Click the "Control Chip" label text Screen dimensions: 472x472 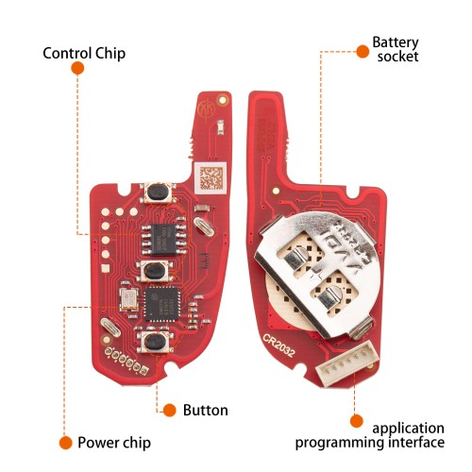[x=84, y=53]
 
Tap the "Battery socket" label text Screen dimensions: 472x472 [x=396, y=49]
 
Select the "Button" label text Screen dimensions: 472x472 [x=206, y=411]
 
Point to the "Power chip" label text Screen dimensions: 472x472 [x=114, y=443]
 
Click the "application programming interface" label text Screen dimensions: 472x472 [x=370, y=435]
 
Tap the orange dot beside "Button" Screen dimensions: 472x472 [x=170, y=411]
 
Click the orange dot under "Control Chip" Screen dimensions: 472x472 [x=77, y=68]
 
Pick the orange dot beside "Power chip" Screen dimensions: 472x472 [x=65, y=443]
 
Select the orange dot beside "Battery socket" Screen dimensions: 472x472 [x=362, y=51]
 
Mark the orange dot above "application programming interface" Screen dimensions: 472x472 [x=357, y=421]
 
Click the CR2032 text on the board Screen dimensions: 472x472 [x=279, y=346]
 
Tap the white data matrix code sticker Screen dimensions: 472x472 [x=211, y=178]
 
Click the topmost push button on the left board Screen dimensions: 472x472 [x=158, y=193]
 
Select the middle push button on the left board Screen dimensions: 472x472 [x=155, y=271]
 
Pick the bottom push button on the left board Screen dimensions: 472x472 [x=156, y=342]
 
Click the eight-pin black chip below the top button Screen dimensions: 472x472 [x=163, y=240]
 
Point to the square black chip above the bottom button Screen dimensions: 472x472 [x=162, y=304]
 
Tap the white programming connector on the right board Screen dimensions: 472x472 [x=347, y=363]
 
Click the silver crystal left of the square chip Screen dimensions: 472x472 [x=128, y=299]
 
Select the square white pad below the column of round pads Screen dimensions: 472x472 [x=106, y=268]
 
